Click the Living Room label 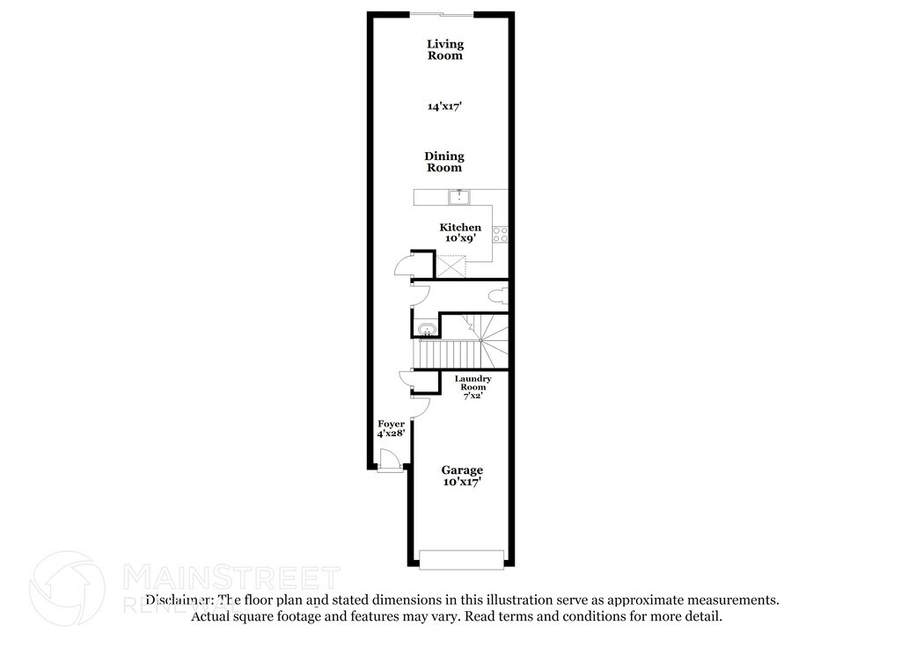point(444,50)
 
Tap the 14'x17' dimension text point(444,106)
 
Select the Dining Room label point(444,162)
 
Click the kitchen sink point(458,197)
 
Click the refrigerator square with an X point(450,265)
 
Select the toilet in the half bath point(499,295)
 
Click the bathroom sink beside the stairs point(426,330)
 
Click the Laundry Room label point(472,383)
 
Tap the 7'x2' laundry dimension point(473,397)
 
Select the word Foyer point(391,425)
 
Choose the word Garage point(462,470)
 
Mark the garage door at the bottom point(462,559)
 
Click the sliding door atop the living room point(442,13)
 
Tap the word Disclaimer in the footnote point(179,600)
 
